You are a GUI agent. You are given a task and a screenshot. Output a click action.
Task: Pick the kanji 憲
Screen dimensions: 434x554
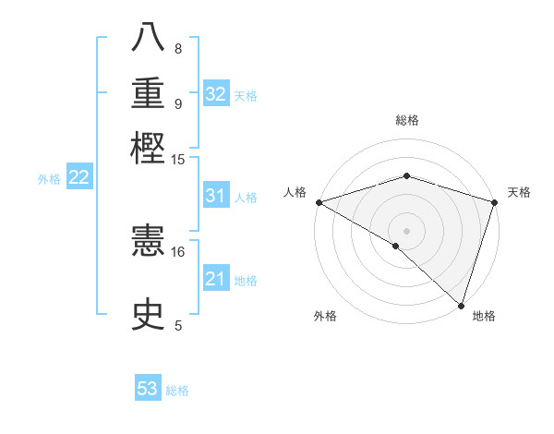point(150,243)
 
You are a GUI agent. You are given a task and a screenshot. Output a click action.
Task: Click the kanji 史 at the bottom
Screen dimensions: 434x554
point(150,314)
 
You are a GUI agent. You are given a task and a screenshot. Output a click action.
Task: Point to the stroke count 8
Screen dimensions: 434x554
point(177,48)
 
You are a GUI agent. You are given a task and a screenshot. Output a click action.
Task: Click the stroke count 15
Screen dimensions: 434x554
point(178,160)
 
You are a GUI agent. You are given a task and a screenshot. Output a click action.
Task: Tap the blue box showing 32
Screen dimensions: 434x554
point(215,94)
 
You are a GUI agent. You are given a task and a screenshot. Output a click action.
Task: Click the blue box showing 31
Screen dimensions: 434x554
point(215,196)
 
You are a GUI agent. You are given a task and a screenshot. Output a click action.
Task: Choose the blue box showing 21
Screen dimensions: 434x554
point(215,279)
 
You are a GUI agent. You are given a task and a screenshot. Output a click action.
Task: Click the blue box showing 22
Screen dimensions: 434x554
point(78,177)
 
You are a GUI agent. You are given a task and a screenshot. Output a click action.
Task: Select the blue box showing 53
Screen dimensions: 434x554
point(148,389)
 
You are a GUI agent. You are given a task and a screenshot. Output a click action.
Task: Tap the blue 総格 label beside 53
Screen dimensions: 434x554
point(177,391)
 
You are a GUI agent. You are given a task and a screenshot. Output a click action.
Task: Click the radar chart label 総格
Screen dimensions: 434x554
point(406,120)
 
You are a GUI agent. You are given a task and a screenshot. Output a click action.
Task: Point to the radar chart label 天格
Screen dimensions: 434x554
point(519,192)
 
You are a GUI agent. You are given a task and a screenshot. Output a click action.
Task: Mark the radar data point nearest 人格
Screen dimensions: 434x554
point(319,202)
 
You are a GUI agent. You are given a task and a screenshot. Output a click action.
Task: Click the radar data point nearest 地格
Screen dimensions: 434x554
point(462,306)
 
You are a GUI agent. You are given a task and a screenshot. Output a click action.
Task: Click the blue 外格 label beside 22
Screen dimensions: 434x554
point(49,179)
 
